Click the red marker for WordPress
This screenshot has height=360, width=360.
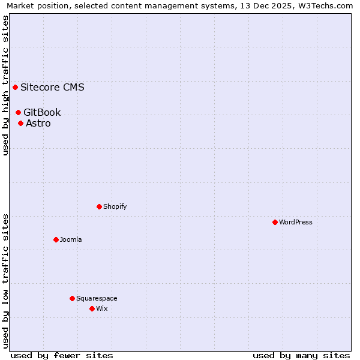(275, 222)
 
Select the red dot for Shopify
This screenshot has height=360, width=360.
(99, 206)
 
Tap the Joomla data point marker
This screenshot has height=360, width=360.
(56, 239)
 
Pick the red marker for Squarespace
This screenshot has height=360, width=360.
(72, 298)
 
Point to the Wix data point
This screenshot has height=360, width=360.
(92, 308)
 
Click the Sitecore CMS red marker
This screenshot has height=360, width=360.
(15, 87)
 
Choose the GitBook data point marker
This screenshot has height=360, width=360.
(18, 112)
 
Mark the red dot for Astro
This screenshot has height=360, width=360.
(20, 123)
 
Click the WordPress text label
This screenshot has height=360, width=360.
(296, 222)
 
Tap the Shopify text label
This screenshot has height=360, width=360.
(115, 206)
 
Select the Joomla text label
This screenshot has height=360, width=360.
(71, 239)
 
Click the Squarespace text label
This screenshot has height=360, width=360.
(97, 298)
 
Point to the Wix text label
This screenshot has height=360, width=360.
(102, 308)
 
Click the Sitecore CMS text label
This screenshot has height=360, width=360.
(52, 87)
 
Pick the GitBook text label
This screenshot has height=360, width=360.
(42, 112)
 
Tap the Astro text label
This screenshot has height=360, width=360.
(38, 123)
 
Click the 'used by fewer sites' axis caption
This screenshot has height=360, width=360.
(62, 355)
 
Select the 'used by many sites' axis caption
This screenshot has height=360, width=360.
(301, 355)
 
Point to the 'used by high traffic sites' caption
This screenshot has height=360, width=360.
(6, 85)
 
